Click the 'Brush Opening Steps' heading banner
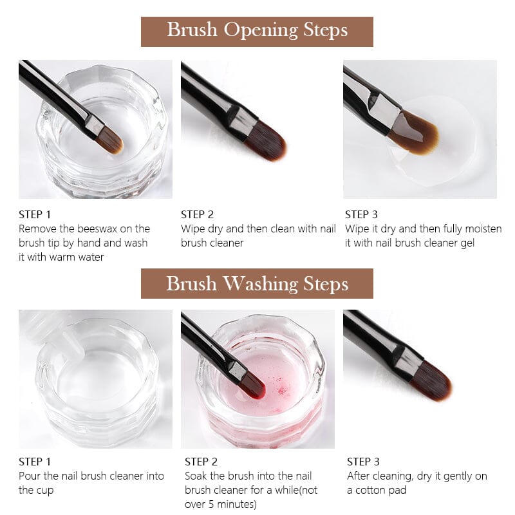point(257,30)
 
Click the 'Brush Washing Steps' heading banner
point(257,284)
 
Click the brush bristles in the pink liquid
point(252,385)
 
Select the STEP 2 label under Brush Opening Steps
point(197,214)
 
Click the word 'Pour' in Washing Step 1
point(30,476)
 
